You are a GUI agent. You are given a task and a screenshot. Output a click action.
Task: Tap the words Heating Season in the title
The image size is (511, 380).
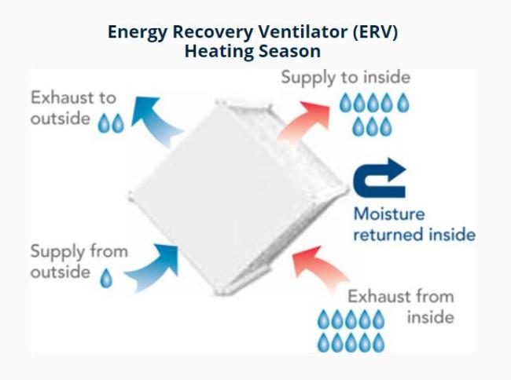click(252, 51)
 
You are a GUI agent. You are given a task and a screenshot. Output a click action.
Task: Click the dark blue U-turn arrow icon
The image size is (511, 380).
click(380, 178)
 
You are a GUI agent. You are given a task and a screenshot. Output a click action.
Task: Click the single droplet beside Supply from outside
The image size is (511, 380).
click(106, 278)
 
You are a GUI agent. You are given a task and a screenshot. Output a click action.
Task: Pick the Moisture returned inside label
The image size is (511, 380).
click(414, 225)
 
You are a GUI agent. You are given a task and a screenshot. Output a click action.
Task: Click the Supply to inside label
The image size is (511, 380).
click(345, 78)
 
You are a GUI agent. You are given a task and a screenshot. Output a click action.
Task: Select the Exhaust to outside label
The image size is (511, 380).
click(73, 108)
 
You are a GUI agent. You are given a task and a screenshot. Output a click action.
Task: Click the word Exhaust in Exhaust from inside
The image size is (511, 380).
click(374, 297)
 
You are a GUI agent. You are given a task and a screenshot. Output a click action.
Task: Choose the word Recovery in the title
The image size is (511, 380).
click(212, 33)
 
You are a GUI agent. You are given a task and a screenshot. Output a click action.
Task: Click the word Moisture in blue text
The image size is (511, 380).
click(389, 214)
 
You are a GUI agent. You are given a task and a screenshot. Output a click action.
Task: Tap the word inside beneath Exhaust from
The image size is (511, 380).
click(431, 317)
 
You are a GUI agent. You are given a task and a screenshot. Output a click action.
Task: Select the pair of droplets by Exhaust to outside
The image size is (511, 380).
click(111, 123)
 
